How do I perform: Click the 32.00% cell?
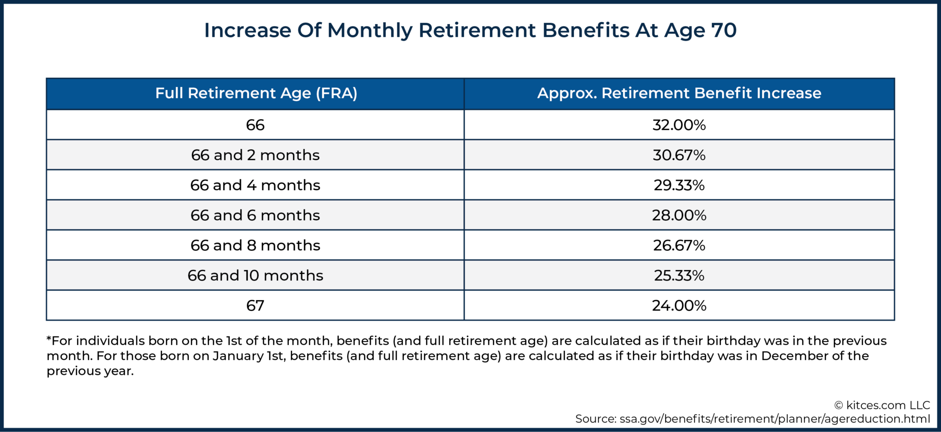[679, 125]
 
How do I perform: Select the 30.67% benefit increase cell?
[679, 155]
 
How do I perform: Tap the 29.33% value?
[679, 185]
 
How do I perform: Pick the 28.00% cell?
[679, 216]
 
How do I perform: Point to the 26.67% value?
[679, 246]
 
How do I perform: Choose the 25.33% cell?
[679, 276]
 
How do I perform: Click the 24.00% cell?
[679, 306]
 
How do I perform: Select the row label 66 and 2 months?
[255, 155]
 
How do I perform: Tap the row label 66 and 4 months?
[255, 185]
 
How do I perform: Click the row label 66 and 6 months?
[255, 216]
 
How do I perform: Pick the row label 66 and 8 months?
[255, 246]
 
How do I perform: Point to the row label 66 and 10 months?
[255, 276]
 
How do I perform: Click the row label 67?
[255, 306]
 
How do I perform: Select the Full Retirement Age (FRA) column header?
[256, 93]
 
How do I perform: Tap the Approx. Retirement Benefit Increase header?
[679, 93]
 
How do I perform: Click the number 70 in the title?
[724, 31]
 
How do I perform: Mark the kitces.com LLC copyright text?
[882, 405]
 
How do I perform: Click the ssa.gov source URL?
[774, 419]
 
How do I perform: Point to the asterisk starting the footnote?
[49, 339]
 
